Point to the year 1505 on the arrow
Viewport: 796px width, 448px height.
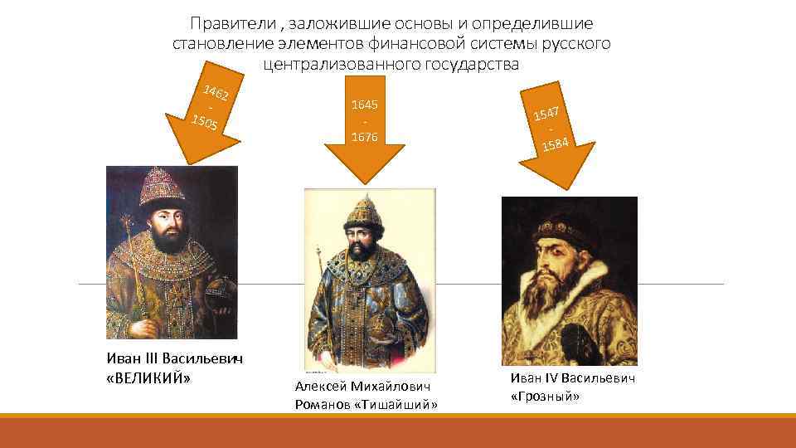[205, 124]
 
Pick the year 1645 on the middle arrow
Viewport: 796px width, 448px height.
[365, 105]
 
